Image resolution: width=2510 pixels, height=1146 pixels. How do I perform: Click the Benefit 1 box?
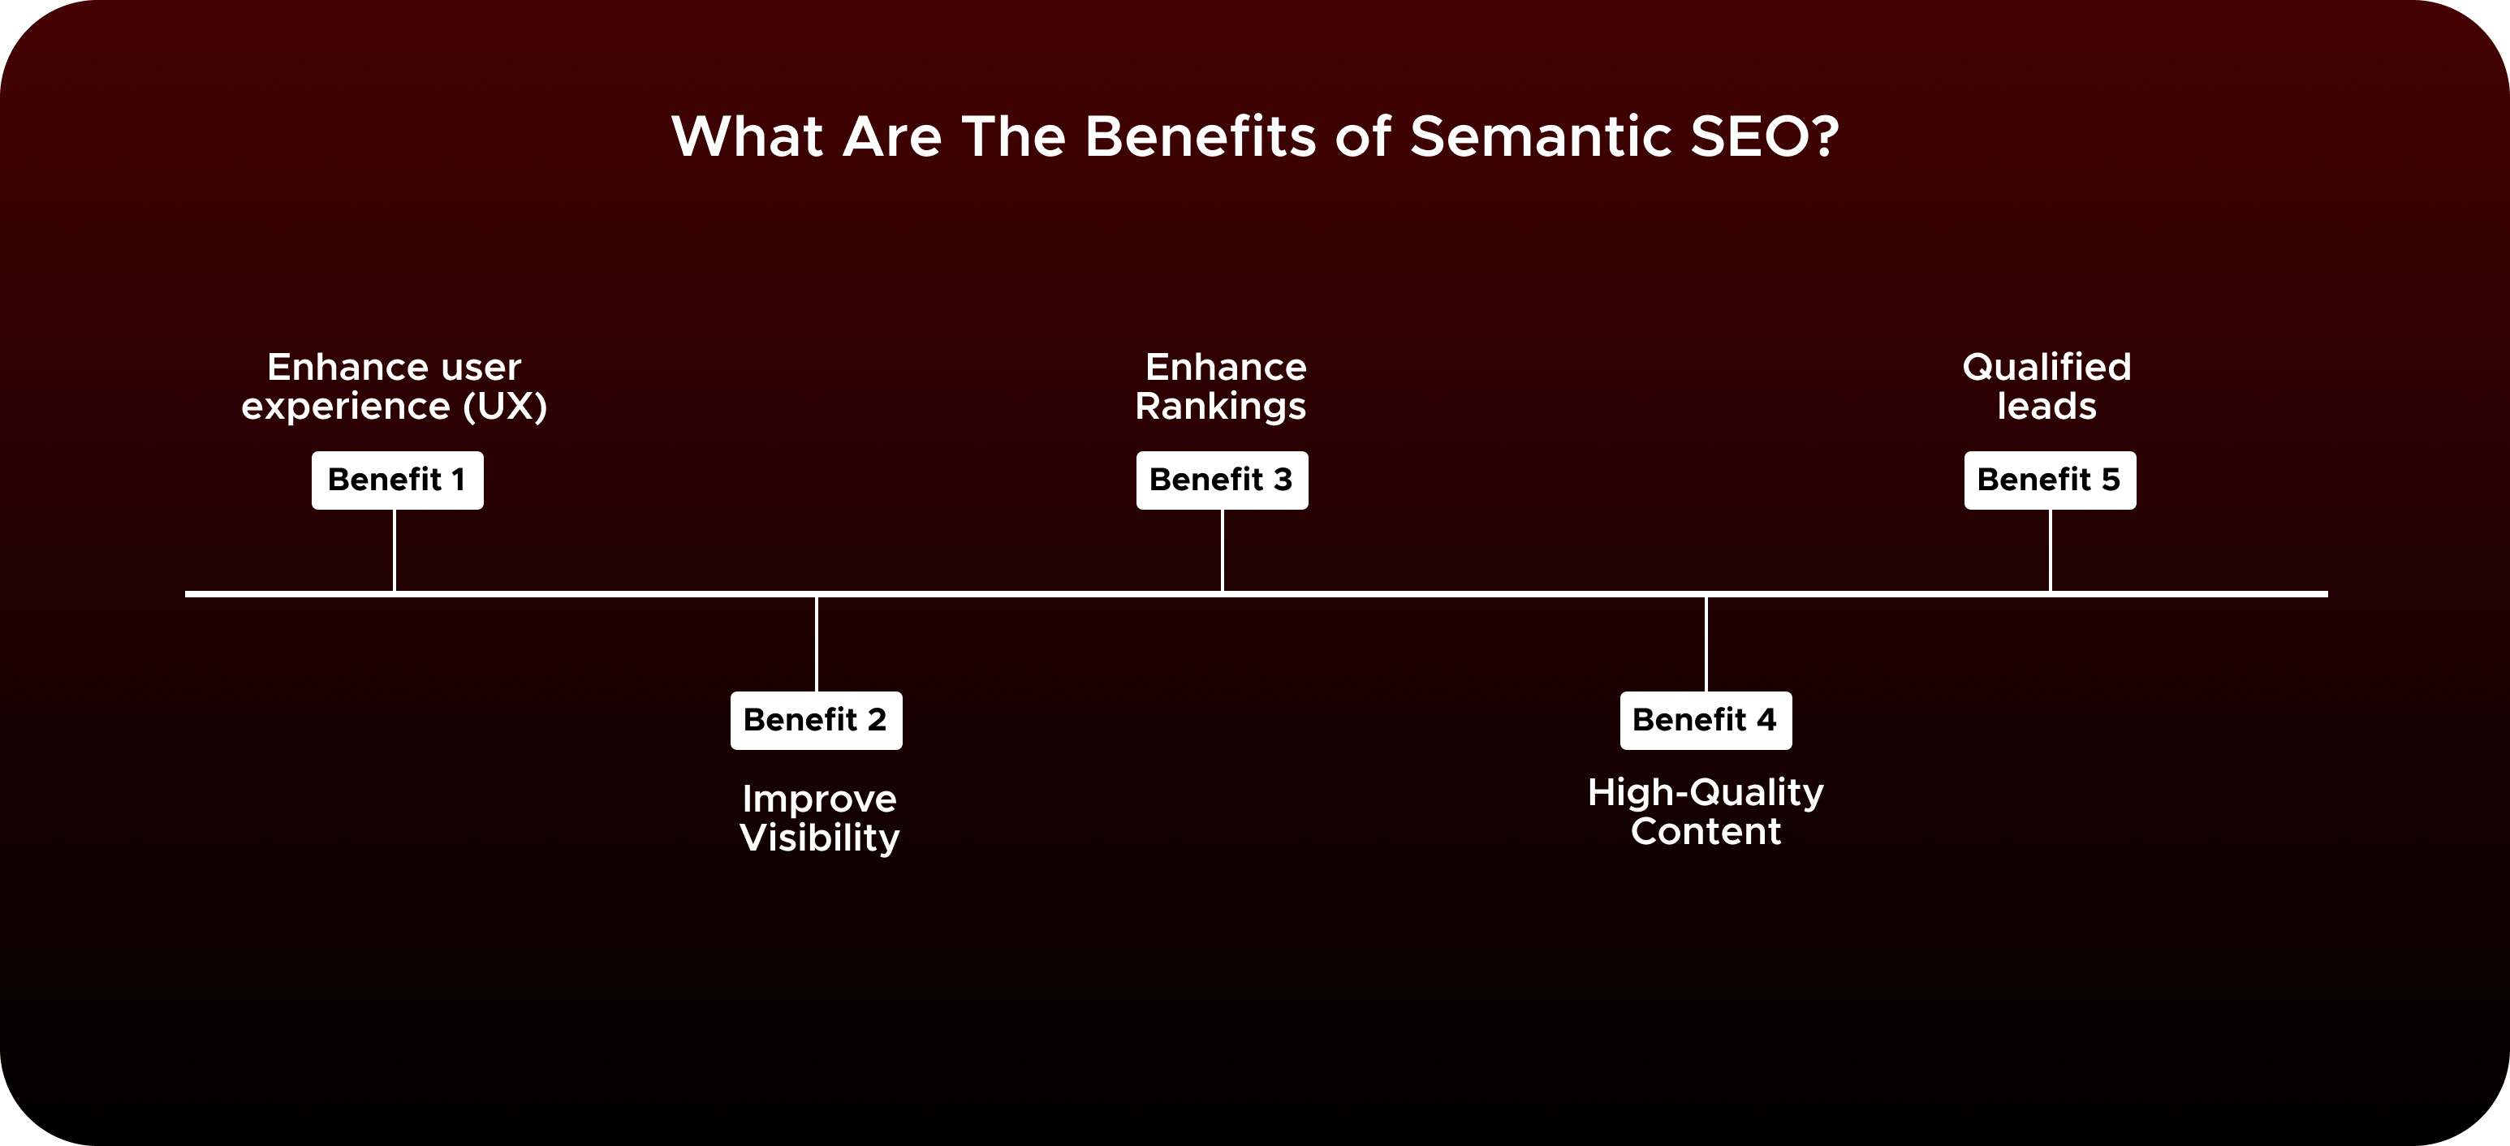[397, 480]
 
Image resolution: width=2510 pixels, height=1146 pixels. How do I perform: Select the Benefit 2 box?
[816, 720]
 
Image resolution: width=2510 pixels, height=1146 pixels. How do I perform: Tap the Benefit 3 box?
[1221, 480]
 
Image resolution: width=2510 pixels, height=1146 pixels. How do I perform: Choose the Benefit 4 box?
[1706, 720]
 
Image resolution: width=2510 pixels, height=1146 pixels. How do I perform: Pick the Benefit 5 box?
[2049, 480]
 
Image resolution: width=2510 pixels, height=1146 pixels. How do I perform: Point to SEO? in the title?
[1764, 136]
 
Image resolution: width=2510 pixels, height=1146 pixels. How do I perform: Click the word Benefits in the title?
[1201, 136]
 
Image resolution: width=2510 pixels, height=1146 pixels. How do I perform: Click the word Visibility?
[819, 838]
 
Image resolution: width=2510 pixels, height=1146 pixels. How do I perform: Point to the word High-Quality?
[1706, 793]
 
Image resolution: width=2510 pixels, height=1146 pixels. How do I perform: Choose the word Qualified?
[2046, 368]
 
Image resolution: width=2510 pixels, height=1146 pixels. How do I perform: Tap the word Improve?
[819, 799]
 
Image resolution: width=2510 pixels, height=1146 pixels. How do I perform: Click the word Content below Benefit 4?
[1706, 832]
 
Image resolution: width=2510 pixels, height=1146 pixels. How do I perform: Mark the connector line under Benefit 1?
[394, 549]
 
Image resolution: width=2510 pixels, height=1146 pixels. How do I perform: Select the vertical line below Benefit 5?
[2050, 549]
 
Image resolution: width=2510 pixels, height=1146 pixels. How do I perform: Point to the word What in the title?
[748, 136]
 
